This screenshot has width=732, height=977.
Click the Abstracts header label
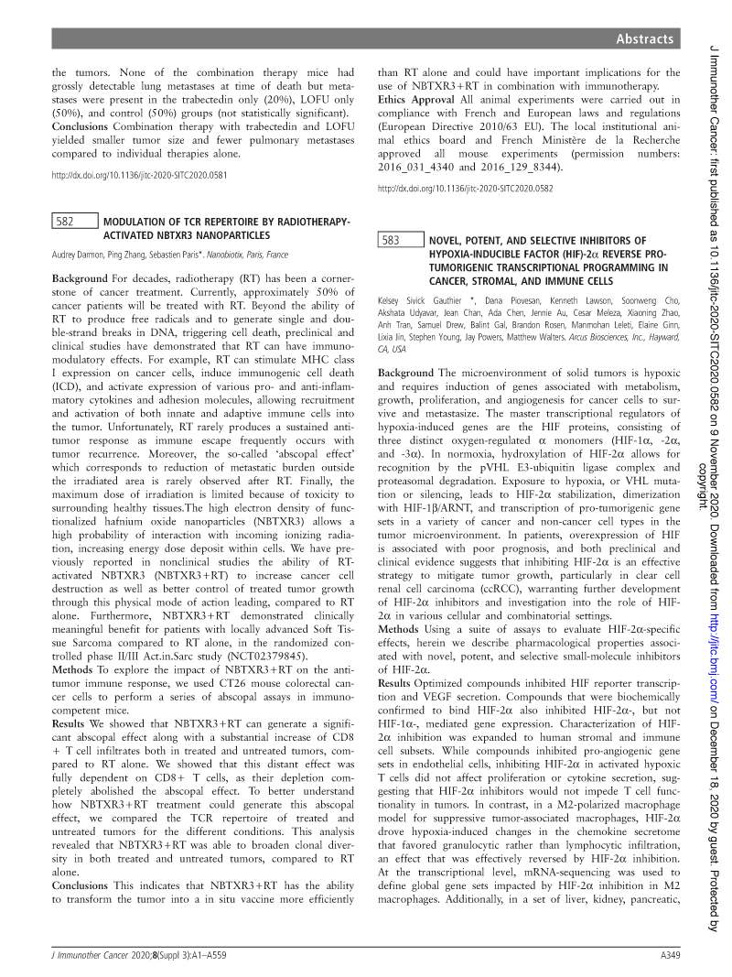tap(644, 38)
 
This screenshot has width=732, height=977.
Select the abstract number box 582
tap(74, 221)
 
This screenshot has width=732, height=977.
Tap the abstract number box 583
tap(401, 241)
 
